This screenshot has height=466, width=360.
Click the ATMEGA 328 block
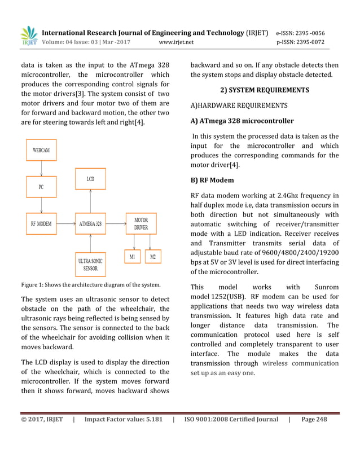coord(90,223)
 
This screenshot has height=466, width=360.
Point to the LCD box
coord(90,179)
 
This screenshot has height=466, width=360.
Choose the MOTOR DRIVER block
coord(141,223)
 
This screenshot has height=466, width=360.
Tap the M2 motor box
coord(152,256)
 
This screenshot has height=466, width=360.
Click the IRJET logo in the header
coord(29,36)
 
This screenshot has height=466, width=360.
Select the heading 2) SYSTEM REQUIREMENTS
coord(264,90)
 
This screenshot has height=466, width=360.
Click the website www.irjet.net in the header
coord(177,42)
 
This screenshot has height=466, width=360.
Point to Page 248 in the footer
coord(314,419)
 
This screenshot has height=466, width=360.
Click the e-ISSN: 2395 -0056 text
coord(300,33)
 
